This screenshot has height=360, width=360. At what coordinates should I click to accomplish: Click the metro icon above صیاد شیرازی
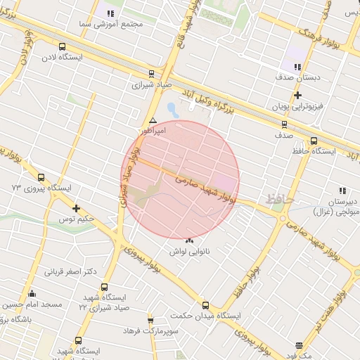click(x=152, y=73)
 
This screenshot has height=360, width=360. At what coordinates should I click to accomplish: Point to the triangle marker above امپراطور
click(x=153, y=120)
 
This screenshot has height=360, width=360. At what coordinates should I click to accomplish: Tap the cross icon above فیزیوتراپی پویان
click(x=298, y=95)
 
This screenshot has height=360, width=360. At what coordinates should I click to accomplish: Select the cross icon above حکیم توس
click(x=77, y=208)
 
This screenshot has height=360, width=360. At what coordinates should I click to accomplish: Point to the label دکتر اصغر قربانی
click(x=70, y=271)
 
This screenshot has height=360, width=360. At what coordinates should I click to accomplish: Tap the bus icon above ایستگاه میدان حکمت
click(x=205, y=305)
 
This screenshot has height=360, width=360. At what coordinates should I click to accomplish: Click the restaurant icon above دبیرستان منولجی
click(x=342, y=191)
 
